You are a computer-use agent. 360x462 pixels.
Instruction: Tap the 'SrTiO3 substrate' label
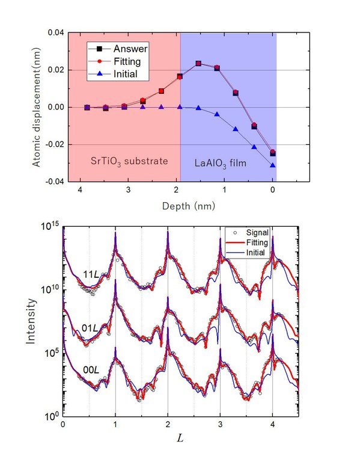125,162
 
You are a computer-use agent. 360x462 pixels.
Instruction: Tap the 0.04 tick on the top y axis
55,32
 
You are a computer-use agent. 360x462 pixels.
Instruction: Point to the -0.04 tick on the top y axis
53,181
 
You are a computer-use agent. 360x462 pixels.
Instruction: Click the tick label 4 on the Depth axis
79,189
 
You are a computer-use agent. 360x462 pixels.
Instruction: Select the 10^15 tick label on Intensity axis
49,226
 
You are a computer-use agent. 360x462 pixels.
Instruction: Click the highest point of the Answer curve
198,63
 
